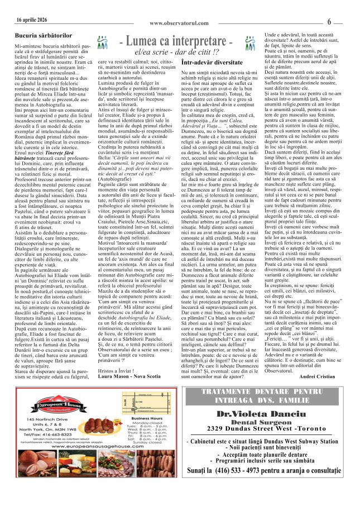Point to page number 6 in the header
pyautogui.click(x=329, y=22)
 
